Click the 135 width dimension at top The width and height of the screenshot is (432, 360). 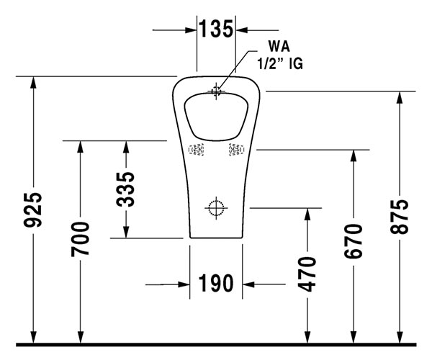(x=217, y=30)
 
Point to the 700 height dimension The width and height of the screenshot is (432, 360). (x=81, y=240)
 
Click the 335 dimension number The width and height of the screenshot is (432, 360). (x=126, y=189)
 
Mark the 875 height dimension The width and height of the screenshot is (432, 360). (x=399, y=215)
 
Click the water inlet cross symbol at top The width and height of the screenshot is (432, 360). (x=216, y=91)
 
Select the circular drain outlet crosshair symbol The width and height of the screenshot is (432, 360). (x=216, y=208)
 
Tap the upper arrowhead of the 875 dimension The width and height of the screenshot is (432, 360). (x=399, y=98)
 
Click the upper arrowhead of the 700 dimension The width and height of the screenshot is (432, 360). (x=81, y=147)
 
